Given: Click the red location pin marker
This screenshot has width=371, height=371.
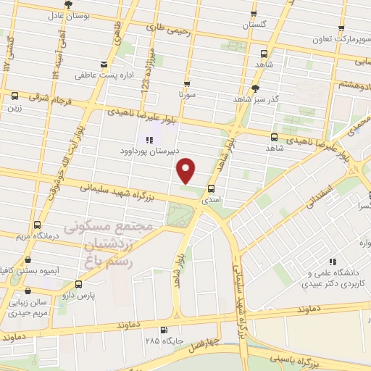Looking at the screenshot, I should tap(187, 170).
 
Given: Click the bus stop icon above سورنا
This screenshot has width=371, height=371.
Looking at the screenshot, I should tap(187, 83).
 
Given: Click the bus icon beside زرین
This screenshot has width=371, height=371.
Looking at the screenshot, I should tap(14, 96).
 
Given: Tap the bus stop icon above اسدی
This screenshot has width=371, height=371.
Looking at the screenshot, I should tap(211, 188).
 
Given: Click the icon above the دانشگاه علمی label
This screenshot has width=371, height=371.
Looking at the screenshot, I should tap(333, 262).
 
